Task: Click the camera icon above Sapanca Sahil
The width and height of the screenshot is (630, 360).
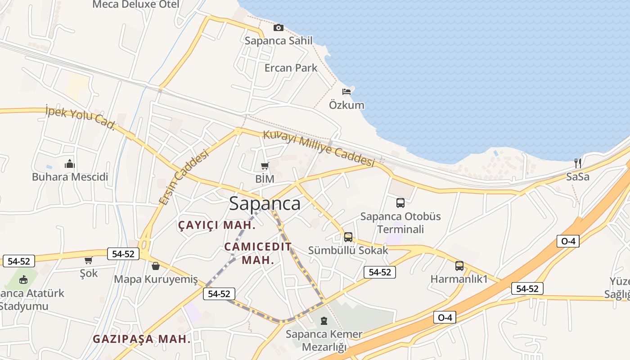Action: coord(279,28)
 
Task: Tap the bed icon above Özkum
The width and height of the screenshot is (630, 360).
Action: coord(346,92)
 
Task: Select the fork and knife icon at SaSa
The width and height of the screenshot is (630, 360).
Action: coord(578,163)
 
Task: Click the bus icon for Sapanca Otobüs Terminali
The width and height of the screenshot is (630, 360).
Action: coord(400,203)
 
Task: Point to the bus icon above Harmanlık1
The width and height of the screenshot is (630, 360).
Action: coord(459,266)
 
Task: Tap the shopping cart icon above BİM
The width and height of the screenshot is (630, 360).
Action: coord(265,166)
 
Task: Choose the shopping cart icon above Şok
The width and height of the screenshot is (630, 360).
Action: coord(88,260)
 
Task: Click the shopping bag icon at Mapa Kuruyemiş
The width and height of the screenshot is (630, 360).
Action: coord(155,266)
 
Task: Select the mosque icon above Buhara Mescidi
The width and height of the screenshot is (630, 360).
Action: coord(70,164)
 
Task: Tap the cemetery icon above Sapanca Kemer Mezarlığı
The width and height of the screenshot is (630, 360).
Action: coord(324,321)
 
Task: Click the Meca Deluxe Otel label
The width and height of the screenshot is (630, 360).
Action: coord(136,4)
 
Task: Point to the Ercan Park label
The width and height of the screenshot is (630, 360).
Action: coord(291,68)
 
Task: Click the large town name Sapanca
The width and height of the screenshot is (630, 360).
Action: coord(265,203)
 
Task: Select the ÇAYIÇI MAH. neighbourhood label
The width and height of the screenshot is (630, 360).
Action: coord(217,225)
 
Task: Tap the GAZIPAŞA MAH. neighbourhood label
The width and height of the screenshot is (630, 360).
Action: coord(142,339)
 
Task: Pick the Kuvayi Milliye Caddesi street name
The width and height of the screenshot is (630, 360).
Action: coord(319,148)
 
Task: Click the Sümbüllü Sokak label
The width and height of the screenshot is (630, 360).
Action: coord(348,250)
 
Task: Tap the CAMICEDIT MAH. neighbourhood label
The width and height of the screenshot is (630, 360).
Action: coord(258,253)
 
